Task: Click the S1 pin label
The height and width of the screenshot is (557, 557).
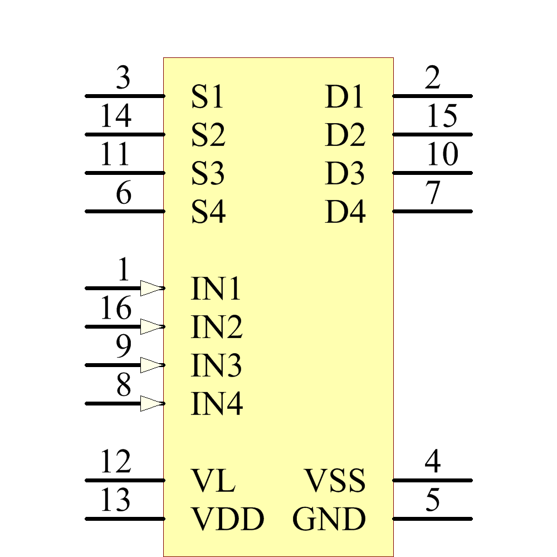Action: pyautogui.click(x=207, y=96)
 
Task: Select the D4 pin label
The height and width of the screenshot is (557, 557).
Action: pyautogui.click(x=345, y=212)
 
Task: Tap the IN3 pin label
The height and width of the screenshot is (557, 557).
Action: pyautogui.click(x=216, y=365)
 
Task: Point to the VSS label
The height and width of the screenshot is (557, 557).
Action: pyautogui.click(x=335, y=481)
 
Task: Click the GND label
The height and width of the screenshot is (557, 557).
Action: pyautogui.click(x=329, y=519)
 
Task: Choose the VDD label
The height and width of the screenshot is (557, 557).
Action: pyautogui.click(x=227, y=519)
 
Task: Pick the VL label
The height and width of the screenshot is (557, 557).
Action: pyautogui.click(x=213, y=481)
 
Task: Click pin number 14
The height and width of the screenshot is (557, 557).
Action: pyautogui.click(x=116, y=117)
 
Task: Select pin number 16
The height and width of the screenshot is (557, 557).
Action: pyautogui.click(x=116, y=309)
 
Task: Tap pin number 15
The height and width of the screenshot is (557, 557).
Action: pyautogui.click(x=442, y=117)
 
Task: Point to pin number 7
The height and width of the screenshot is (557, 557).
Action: pyautogui.click(x=433, y=194)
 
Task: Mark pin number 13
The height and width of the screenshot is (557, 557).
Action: pyautogui.click(x=116, y=500)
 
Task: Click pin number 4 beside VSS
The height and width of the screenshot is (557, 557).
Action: pyautogui.click(x=433, y=462)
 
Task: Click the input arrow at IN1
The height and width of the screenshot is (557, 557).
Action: pyautogui.click(x=152, y=288)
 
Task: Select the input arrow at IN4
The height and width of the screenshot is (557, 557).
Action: pyautogui.click(x=152, y=403)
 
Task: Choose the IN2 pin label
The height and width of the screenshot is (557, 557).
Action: pyautogui.click(x=217, y=327)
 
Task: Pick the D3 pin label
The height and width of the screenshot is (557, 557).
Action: pyautogui.click(x=345, y=173)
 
